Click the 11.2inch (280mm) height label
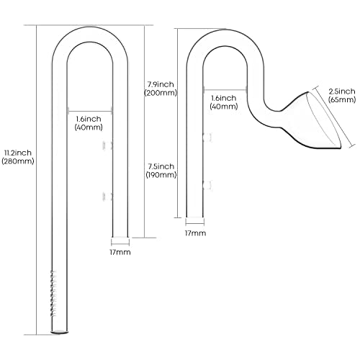tap(18, 157)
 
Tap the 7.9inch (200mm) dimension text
tap(161, 89)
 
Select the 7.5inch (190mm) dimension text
tap(161, 171)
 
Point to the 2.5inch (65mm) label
tap(342, 95)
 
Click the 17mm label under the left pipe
tap(120, 252)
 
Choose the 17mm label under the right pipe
tap(195, 233)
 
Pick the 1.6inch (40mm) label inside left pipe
tap(89, 123)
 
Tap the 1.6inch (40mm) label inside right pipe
tap(224, 102)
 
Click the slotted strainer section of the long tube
tap(53, 293)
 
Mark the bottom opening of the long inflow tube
tap(60, 332)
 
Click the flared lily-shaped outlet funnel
tap(312, 121)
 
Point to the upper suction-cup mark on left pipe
tap(107, 145)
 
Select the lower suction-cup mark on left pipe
tap(107, 197)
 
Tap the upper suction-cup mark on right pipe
tap(207, 138)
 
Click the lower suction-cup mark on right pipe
tap(207, 185)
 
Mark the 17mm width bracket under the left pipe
tap(120, 242)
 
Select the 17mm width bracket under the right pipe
tap(195, 222)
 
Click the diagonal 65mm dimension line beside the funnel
tap(335, 117)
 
